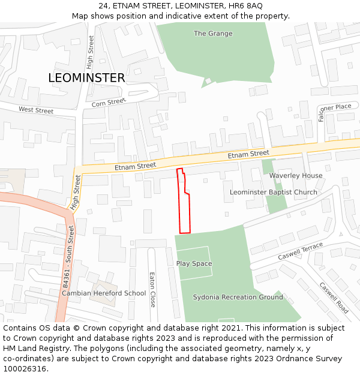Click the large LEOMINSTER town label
point(86,78)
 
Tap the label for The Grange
point(213,34)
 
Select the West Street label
point(36,110)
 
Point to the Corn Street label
point(109,103)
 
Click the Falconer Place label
point(335,107)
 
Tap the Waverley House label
point(296,176)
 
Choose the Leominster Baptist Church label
point(274,193)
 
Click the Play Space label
point(194,264)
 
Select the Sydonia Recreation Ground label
point(238,298)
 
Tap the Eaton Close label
point(152,290)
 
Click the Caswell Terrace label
point(301,252)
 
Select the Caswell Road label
point(334,298)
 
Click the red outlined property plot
point(185,210)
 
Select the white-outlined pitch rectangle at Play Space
point(195,263)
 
